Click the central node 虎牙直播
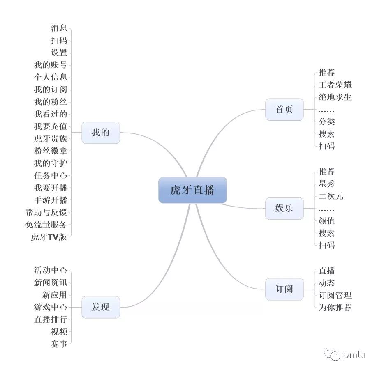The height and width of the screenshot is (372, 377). [192, 190]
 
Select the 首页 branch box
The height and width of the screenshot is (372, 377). [284, 110]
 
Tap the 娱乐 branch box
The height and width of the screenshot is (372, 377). [284, 208]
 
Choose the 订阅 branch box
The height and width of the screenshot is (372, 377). [284, 289]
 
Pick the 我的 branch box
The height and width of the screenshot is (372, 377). [100, 133]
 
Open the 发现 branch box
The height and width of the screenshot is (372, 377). [100, 307]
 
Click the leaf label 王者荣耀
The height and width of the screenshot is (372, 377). [335, 85]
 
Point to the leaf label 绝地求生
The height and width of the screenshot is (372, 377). [335, 97]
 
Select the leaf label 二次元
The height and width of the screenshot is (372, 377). [331, 196]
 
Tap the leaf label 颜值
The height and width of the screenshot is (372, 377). [327, 221]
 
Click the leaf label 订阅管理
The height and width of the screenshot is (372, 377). [335, 295]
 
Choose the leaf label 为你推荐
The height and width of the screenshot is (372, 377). [335, 308]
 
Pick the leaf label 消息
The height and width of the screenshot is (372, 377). [59, 28]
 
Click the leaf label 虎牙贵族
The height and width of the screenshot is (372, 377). [50, 138]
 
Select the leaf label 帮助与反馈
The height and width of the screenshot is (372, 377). [46, 212]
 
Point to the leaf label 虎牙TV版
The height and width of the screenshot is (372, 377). [49, 237]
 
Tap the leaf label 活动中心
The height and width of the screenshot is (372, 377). [50, 270]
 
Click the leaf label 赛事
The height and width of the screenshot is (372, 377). [59, 344]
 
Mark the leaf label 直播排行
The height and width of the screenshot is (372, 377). [50, 319]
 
